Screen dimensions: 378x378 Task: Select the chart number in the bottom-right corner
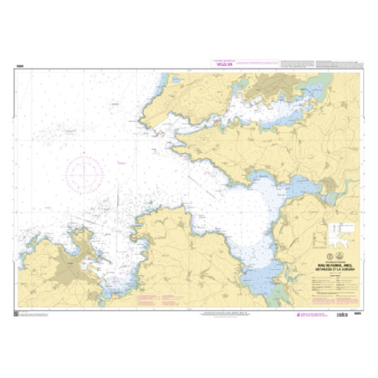(358, 313)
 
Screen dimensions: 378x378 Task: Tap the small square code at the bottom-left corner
(18, 312)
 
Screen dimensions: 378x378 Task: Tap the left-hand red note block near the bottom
(154, 299)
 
